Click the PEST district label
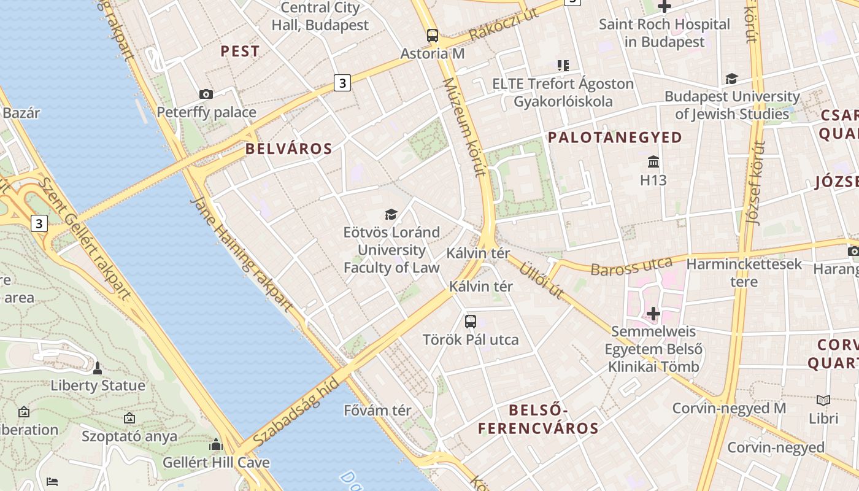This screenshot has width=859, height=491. tap(240, 52)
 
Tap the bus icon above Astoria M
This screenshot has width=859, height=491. tap(433, 36)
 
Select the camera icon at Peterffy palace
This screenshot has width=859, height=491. tap(206, 94)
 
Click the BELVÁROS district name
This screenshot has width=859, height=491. tap(289, 149)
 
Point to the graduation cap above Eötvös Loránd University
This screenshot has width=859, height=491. tap(391, 214)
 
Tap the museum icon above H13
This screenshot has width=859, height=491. tap(653, 162)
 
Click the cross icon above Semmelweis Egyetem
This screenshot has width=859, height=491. tap(653, 314)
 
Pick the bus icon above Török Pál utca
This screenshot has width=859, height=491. tap(471, 321)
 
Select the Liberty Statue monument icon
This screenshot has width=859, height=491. tap(97, 368)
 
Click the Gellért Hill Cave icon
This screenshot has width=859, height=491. tap(215, 444)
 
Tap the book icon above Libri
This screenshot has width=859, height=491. tap(823, 400)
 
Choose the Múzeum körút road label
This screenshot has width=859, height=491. tap(464, 126)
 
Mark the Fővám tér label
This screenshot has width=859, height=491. tap(377, 410)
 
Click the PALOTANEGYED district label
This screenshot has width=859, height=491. tap(615, 137)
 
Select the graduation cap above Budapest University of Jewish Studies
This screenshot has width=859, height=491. tap(731, 79)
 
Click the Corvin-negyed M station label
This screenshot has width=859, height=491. tap(729, 408)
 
